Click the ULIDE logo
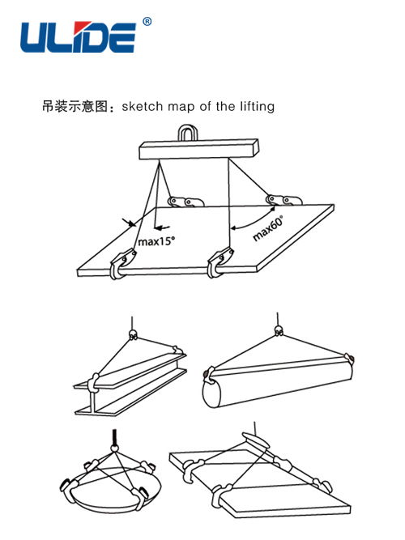pyautogui.click(x=79, y=37)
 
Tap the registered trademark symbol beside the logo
pyautogui.click(x=147, y=22)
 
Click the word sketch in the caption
pyautogui.click(x=142, y=106)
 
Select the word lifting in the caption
pyautogui.click(x=257, y=107)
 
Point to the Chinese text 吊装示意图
pyautogui.click(x=75, y=106)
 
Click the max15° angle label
pyautogui.click(x=156, y=240)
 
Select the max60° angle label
pyautogui.click(x=268, y=228)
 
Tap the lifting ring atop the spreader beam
pyautogui.click(x=188, y=133)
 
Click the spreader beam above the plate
pyautogui.click(x=198, y=149)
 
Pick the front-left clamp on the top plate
pyautogui.click(x=121, y=264)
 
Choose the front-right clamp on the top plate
pyautogui.click(x=220, y=262)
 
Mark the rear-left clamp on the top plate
pyautogui.click(x=185, y=201)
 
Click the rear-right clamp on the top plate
pyautogui.click(x=283, y=200)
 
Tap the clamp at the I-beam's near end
pyautogui.click(x=93, y=381)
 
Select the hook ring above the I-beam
pyautogui.click(x=133, y=334)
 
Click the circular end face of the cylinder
pyautogui.click(x=211, y=393)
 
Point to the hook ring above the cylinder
pyautogui.click(x=279, y=330)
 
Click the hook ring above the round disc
pyautogui.click(x=115, y=448)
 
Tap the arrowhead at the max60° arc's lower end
pyautogui.click(x=233, y=227)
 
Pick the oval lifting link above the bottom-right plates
pyautogui.click(x=256, y=440)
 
